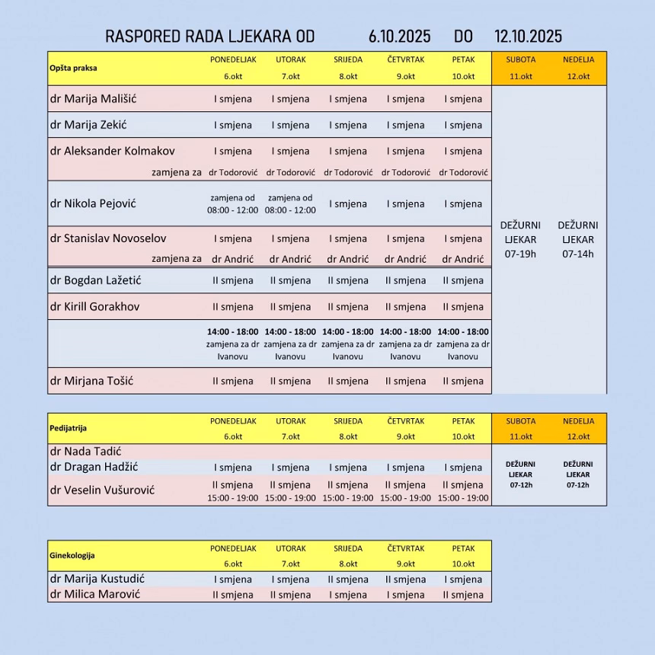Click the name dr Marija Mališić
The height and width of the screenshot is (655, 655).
click(x=93, y=99)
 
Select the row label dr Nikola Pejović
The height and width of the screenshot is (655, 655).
click(x=93, y=204)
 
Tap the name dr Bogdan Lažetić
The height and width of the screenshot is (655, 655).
click(x=95, y=280)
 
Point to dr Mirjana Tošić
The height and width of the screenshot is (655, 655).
click(x=91, y=381)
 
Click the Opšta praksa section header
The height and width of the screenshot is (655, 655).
click(x=73, y=68)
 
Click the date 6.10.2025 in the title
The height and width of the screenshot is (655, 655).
click(x=399, y=37)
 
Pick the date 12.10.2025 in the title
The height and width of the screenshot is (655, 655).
click(x=528, y=37)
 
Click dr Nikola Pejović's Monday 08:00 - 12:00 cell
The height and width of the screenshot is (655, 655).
click(x=232, y=204)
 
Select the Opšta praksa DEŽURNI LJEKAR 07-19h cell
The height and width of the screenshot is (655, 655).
click(x=520, y=239)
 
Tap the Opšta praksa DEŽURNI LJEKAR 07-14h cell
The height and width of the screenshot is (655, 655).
click(x=577, y=239)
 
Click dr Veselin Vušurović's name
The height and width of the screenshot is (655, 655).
click(x=102, y=490)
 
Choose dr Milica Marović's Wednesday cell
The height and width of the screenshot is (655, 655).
click(x=348, y=595)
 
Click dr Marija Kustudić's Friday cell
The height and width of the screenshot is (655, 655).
click(x=463, y=580)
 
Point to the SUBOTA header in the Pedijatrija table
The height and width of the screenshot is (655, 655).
click(x=520, y=421)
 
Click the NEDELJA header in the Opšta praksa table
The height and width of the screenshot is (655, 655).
click(x=578, y=59)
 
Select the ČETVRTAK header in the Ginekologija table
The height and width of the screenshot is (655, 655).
click(x=405, y=548)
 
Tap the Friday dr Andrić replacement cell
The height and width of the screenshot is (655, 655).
click(x=463, y=259)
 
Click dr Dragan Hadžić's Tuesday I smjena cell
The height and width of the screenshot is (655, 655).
click(x=290, y=468)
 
